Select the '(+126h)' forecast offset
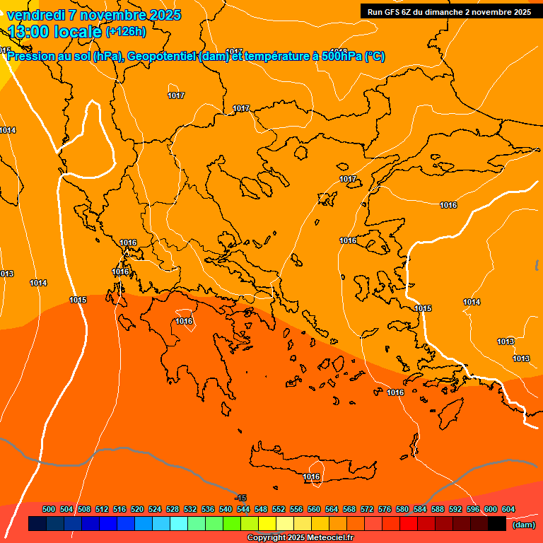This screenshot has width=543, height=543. [x=125, y=31]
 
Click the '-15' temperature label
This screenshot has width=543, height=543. [x=240, y=498]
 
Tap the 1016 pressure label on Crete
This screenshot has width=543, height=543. [x=311, y=477]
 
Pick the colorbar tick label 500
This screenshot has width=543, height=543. [x=49, y=509]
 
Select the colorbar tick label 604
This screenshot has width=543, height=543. [x=508, y=509]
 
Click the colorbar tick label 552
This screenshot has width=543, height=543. [x=279, y=509]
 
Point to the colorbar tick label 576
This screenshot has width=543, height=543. [x=385, y=509]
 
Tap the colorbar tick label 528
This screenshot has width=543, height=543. [x=173, y=509]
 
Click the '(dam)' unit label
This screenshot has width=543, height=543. [x=523, y=525]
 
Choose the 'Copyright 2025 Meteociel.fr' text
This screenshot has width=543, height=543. [x=299, y=537]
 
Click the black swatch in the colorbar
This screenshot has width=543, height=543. [x=497, y=524]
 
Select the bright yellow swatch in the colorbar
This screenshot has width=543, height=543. [x=267, y=524]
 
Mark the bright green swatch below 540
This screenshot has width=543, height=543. [x=232, y=524]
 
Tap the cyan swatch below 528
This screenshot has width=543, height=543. [x=179, y=524]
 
